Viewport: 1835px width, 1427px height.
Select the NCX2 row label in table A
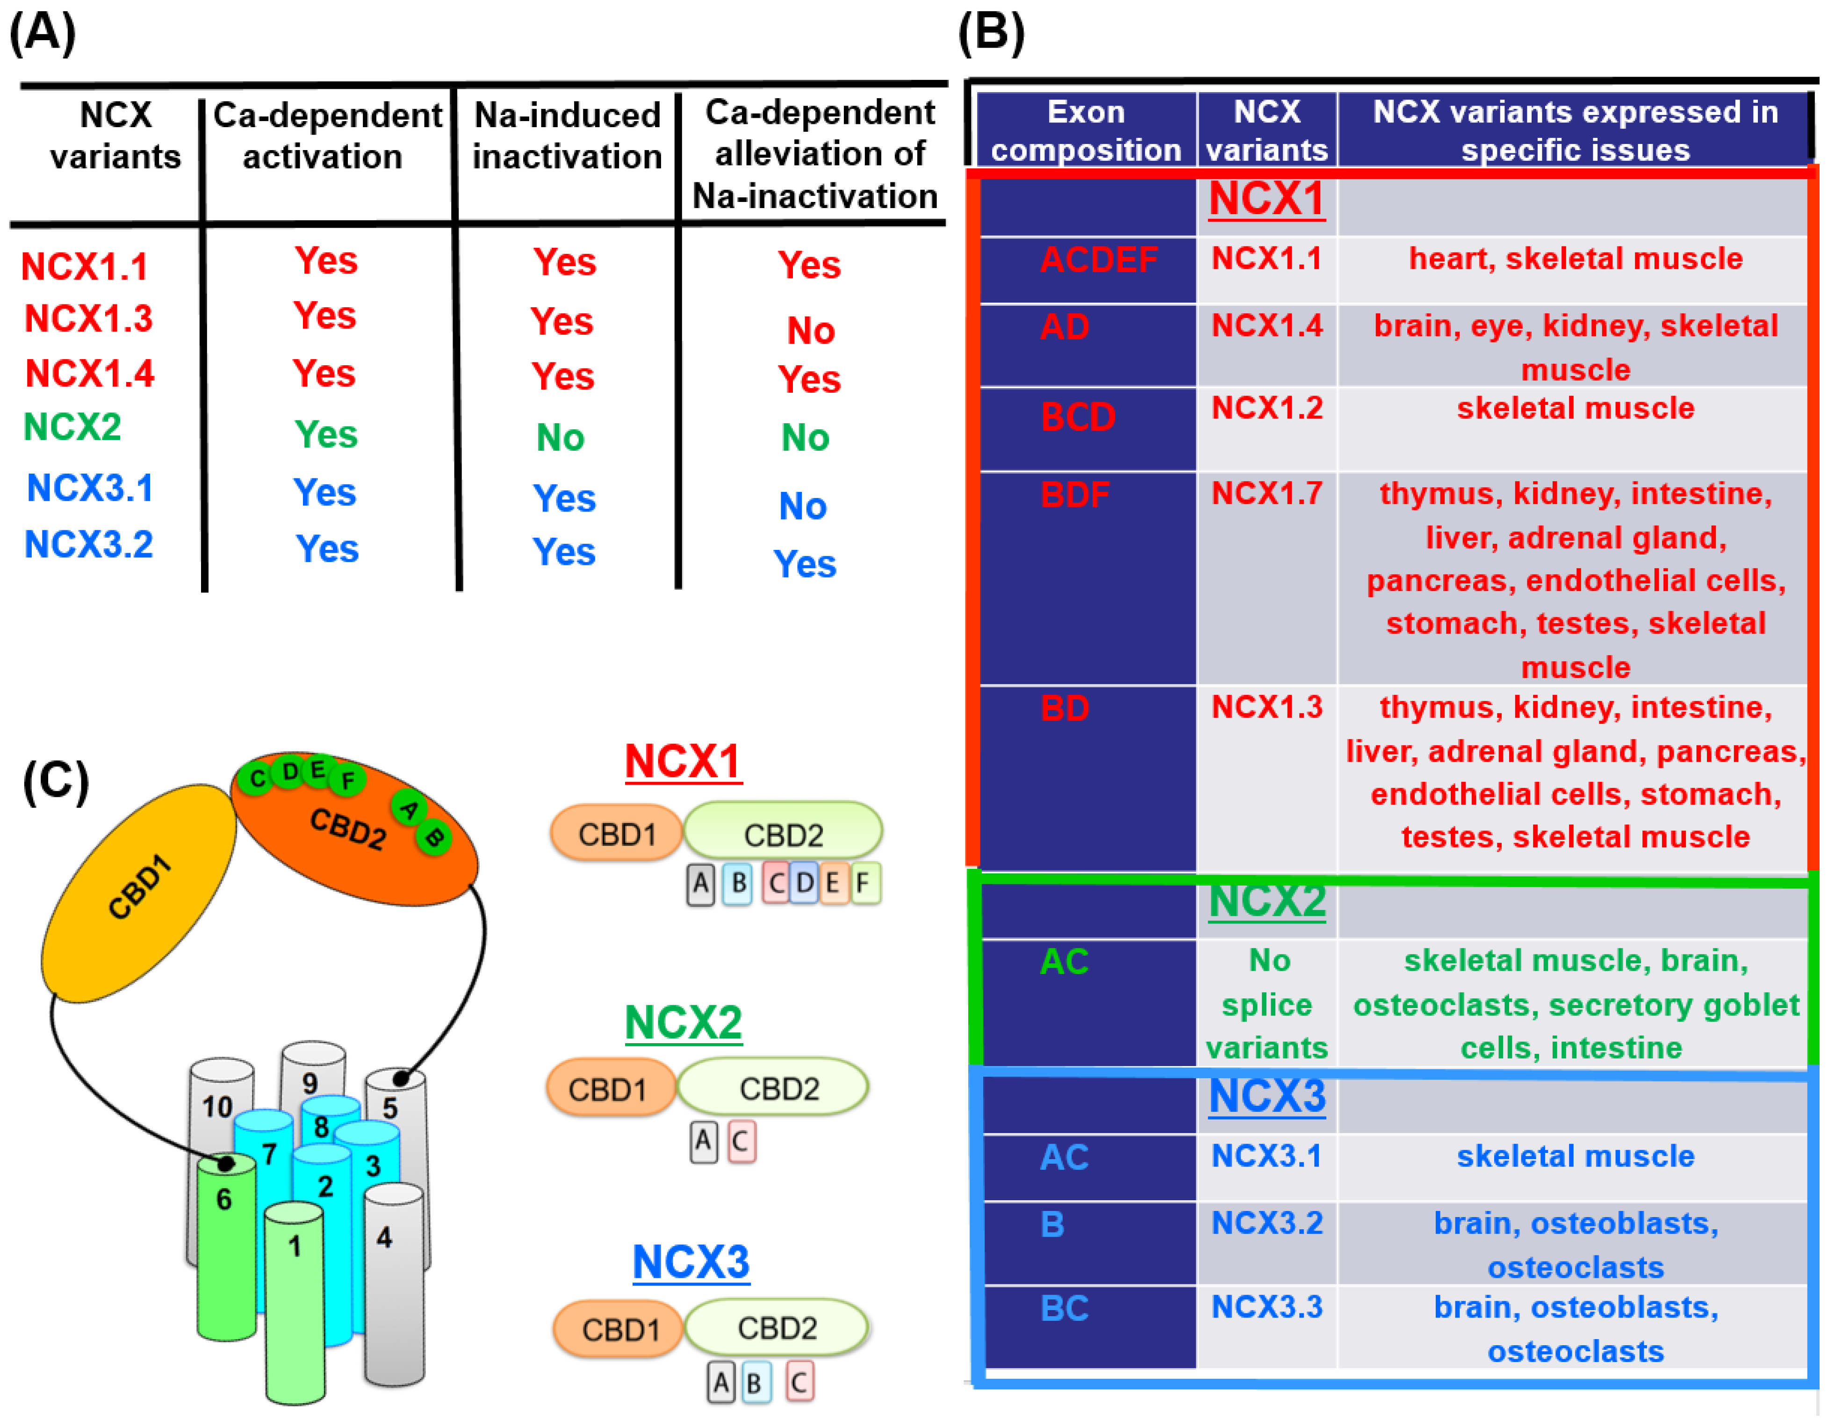[x=72, y=427]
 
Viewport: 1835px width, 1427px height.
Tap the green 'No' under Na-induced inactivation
[x=561, y=438]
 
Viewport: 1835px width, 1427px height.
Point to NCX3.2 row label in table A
[x=88, y=545]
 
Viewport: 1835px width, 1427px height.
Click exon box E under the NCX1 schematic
[x=833, y=883]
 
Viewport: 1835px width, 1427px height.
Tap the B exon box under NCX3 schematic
[x=755, y=1383]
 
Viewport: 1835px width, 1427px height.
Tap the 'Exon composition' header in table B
[x=1086, y=131]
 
